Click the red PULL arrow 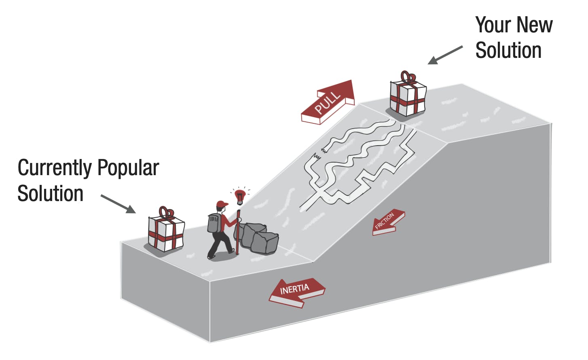[328, 102]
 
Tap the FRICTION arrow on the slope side [388, 222]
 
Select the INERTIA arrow [296, 292]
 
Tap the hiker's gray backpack [214, 223]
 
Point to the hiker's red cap [222, 204]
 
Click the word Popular [128, 167]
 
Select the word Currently [55, 168]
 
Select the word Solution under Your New [508, 50]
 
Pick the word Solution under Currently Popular [51, 193]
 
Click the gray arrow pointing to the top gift [445, 55]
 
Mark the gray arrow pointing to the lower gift [118, 204]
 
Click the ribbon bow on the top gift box [408, 78]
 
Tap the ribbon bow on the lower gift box [167, 213]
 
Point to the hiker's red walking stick [238, 232]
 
